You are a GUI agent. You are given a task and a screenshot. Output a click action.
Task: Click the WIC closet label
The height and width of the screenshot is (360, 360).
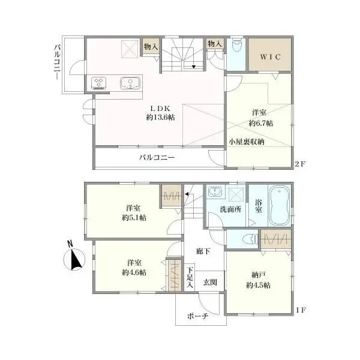click(x=270, y=57)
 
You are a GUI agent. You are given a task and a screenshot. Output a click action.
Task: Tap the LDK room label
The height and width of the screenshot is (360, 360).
click(x=160, y=108)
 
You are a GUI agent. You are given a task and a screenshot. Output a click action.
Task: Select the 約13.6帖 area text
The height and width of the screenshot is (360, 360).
click(x=160, y=118)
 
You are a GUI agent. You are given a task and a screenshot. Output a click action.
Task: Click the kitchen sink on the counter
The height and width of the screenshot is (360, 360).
click(x=130, y=83)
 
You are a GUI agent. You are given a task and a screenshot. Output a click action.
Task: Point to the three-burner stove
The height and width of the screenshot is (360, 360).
click(x=99, y=83)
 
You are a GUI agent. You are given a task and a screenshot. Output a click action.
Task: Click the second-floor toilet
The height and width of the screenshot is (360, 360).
click(x=236, y=47)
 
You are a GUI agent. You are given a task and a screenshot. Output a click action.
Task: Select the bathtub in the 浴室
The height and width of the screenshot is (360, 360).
click(x=280, y=205)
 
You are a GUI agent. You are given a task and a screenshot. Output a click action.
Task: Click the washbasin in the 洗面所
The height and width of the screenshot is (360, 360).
click(x=215, y=191)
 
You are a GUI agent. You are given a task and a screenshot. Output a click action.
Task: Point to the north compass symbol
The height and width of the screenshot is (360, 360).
click(x=74, y=257)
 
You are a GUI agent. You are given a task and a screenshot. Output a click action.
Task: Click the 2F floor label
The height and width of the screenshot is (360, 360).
click(x=300, y=164)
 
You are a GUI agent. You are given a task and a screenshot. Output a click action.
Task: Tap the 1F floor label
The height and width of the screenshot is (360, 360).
click(x=301, y=310)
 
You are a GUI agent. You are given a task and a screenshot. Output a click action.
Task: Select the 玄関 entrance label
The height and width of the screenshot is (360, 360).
click(x=210, y=282)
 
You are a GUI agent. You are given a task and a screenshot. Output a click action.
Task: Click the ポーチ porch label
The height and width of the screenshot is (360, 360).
click(x=197, y=316)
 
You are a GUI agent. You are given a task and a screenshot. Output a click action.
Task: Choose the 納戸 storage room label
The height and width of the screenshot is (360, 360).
click(x=259, y=275)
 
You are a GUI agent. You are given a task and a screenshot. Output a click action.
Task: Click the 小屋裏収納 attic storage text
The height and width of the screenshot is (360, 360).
click(x=247, y=142)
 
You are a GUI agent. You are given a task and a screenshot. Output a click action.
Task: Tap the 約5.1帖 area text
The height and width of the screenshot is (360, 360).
click(x=134, y=217)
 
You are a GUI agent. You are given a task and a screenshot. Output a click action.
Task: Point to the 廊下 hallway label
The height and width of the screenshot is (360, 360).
click(x=203, y=251)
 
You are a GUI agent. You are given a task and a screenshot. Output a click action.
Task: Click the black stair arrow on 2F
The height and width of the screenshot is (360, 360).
click(x=194, y=67)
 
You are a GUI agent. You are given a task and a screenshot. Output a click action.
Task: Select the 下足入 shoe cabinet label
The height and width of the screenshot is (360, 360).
click(x=190, y=277)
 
